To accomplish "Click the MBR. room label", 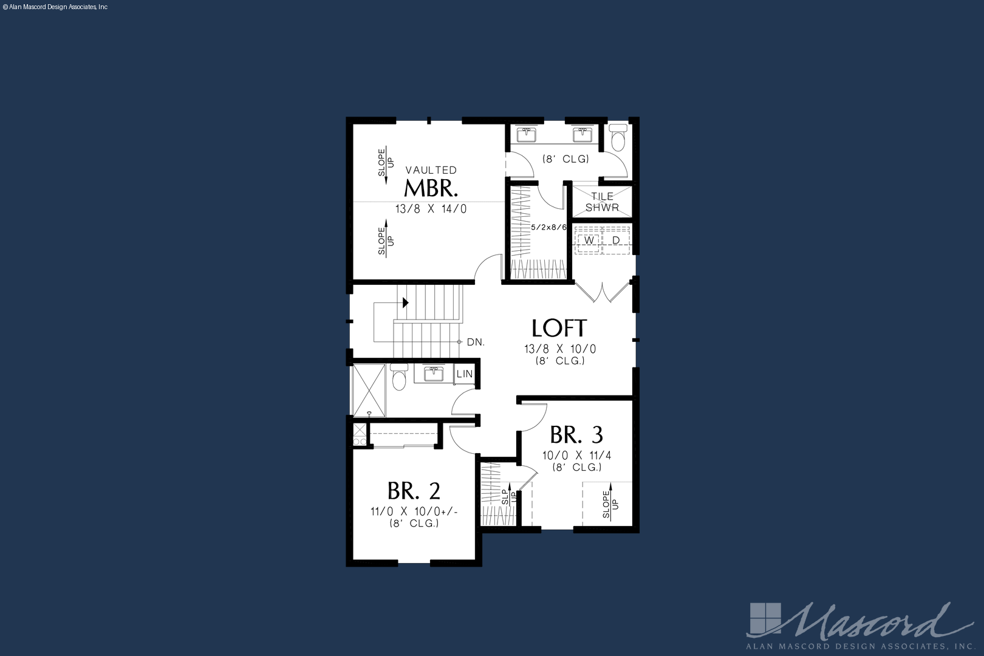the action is (x=431, y=188).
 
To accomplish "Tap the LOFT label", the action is (x=559, y=328).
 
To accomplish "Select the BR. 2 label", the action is (x=414, y=491).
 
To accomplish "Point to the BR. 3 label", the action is (x=576, y=434).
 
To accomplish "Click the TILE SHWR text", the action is (x=603, y=202).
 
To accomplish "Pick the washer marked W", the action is (x=589, y=241).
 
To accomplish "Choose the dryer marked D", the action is (x=616, y=241).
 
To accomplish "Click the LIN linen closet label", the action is (x=464, y=374).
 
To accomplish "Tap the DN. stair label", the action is (x=476, y=343).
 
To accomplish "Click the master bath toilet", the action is (x=618, y=137).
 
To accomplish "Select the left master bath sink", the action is (x=526, y=134).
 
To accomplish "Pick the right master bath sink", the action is (x=583, y=134).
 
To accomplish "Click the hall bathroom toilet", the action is (x=399, y=377).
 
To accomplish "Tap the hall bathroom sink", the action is (x=434, y=374).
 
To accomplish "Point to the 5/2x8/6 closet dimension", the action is (x=548, y=228).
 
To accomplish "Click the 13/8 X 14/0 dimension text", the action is (x=431, y=209).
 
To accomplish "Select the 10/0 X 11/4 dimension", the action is (x=577, y=456).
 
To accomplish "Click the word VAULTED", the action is (x=431, y=170).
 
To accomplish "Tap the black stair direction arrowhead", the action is (x=406, y=302).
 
